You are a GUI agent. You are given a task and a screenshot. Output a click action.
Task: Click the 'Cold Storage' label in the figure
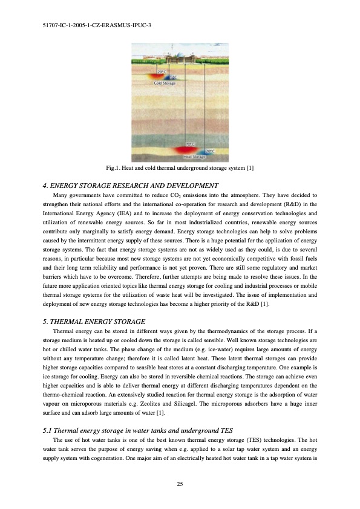pyautogui.click(x=165, y=83)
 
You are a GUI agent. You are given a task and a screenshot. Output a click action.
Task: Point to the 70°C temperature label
pyautogui.click(x=190, y=144)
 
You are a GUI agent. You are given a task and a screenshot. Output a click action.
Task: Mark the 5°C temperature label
pyautogui.click(x=174, y=77)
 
